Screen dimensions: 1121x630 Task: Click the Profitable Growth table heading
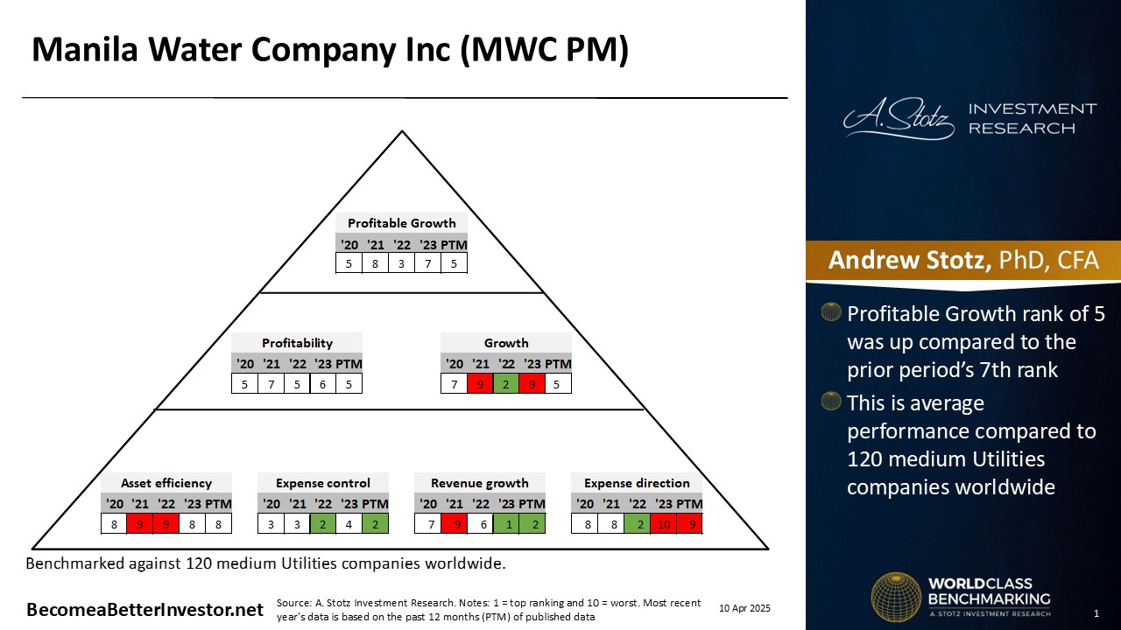point(401,223)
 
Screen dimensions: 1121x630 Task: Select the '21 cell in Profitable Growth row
point(375,263)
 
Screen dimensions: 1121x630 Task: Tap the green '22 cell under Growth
point(505,384)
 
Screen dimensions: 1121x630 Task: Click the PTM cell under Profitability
point(349,384)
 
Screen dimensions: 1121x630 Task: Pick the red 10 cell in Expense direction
point(664,524)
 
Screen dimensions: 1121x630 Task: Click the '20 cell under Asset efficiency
point(114,524)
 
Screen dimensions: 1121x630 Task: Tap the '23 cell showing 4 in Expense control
point(349,524)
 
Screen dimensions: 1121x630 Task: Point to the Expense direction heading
point(637,483)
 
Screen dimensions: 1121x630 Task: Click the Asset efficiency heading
point(166,483)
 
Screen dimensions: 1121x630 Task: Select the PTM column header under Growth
point(558,364)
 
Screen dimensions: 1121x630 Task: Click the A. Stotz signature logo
point(899,118)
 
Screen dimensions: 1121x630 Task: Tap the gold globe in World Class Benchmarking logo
point(896,597)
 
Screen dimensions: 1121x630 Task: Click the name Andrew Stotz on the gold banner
point(909,260)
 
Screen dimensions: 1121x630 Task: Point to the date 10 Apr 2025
point(744,608)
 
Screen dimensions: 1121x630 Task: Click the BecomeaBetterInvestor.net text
point(145,610)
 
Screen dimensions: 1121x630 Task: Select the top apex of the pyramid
point(402,131)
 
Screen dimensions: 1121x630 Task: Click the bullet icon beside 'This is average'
point(831,401)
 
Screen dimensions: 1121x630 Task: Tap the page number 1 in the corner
point(1096,613)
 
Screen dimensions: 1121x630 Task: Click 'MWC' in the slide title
point(517,50)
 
